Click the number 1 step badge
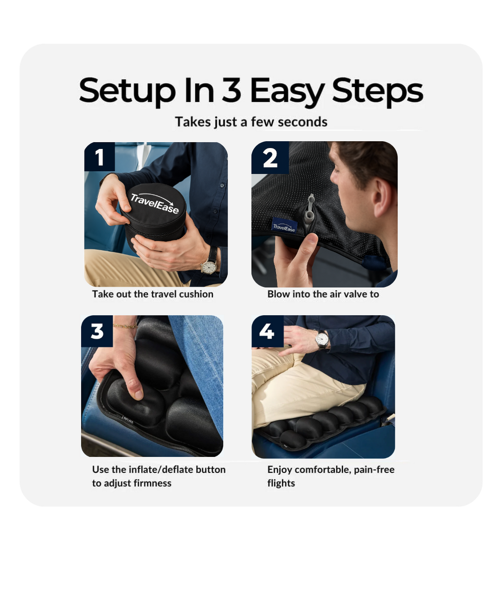(x=99, y=157)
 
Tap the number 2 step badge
(x=270, y=158)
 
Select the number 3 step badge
(x=97, y=331)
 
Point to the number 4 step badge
(x=267, y=331)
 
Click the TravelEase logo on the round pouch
(x=154, y=202)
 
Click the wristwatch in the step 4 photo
(x=322, y=340)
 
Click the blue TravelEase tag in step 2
(x=284, y=226)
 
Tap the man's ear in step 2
(x=381, y=198)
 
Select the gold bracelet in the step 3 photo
(x=125, y=326)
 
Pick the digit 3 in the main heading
(x=232, y=91)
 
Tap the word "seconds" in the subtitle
(x=302, y=122)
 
